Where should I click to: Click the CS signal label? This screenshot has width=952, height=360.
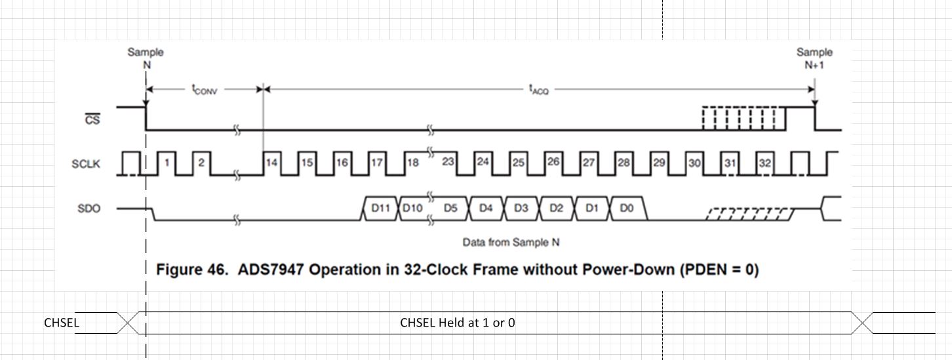click(x=93, y=119)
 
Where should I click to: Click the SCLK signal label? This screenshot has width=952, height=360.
click(x=86, y=164)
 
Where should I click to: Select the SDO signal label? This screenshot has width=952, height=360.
click(x=89, y=209)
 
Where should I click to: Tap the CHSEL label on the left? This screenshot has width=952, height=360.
click(x=61, y=323)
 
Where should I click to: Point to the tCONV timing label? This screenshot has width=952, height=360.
click(x=204, y=90)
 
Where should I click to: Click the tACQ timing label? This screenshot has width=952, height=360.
click(x=538, y=90)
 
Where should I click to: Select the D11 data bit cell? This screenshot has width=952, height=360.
click(x=380, y=209)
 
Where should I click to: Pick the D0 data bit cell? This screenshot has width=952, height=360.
click(x=627, y=209)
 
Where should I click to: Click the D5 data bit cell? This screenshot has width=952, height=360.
click(x=450, y=209)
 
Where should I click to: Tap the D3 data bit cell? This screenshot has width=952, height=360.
click(x=521, y=209)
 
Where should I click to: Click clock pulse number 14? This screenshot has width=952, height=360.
click(x=271, y=163)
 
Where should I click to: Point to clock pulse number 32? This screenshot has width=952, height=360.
click(x=764, y=163)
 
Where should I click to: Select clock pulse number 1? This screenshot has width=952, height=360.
click(x=167, y=163)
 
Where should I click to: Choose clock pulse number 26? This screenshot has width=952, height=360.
click(x=553, y=161)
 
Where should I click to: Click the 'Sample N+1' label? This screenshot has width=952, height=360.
click(x=814, y=58)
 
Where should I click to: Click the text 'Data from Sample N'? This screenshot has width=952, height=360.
click(x=511, y=243)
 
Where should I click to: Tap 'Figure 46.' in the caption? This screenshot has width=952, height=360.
click(x=193, y=270)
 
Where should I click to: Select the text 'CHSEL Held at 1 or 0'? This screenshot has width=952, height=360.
click(x=457, y=323)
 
